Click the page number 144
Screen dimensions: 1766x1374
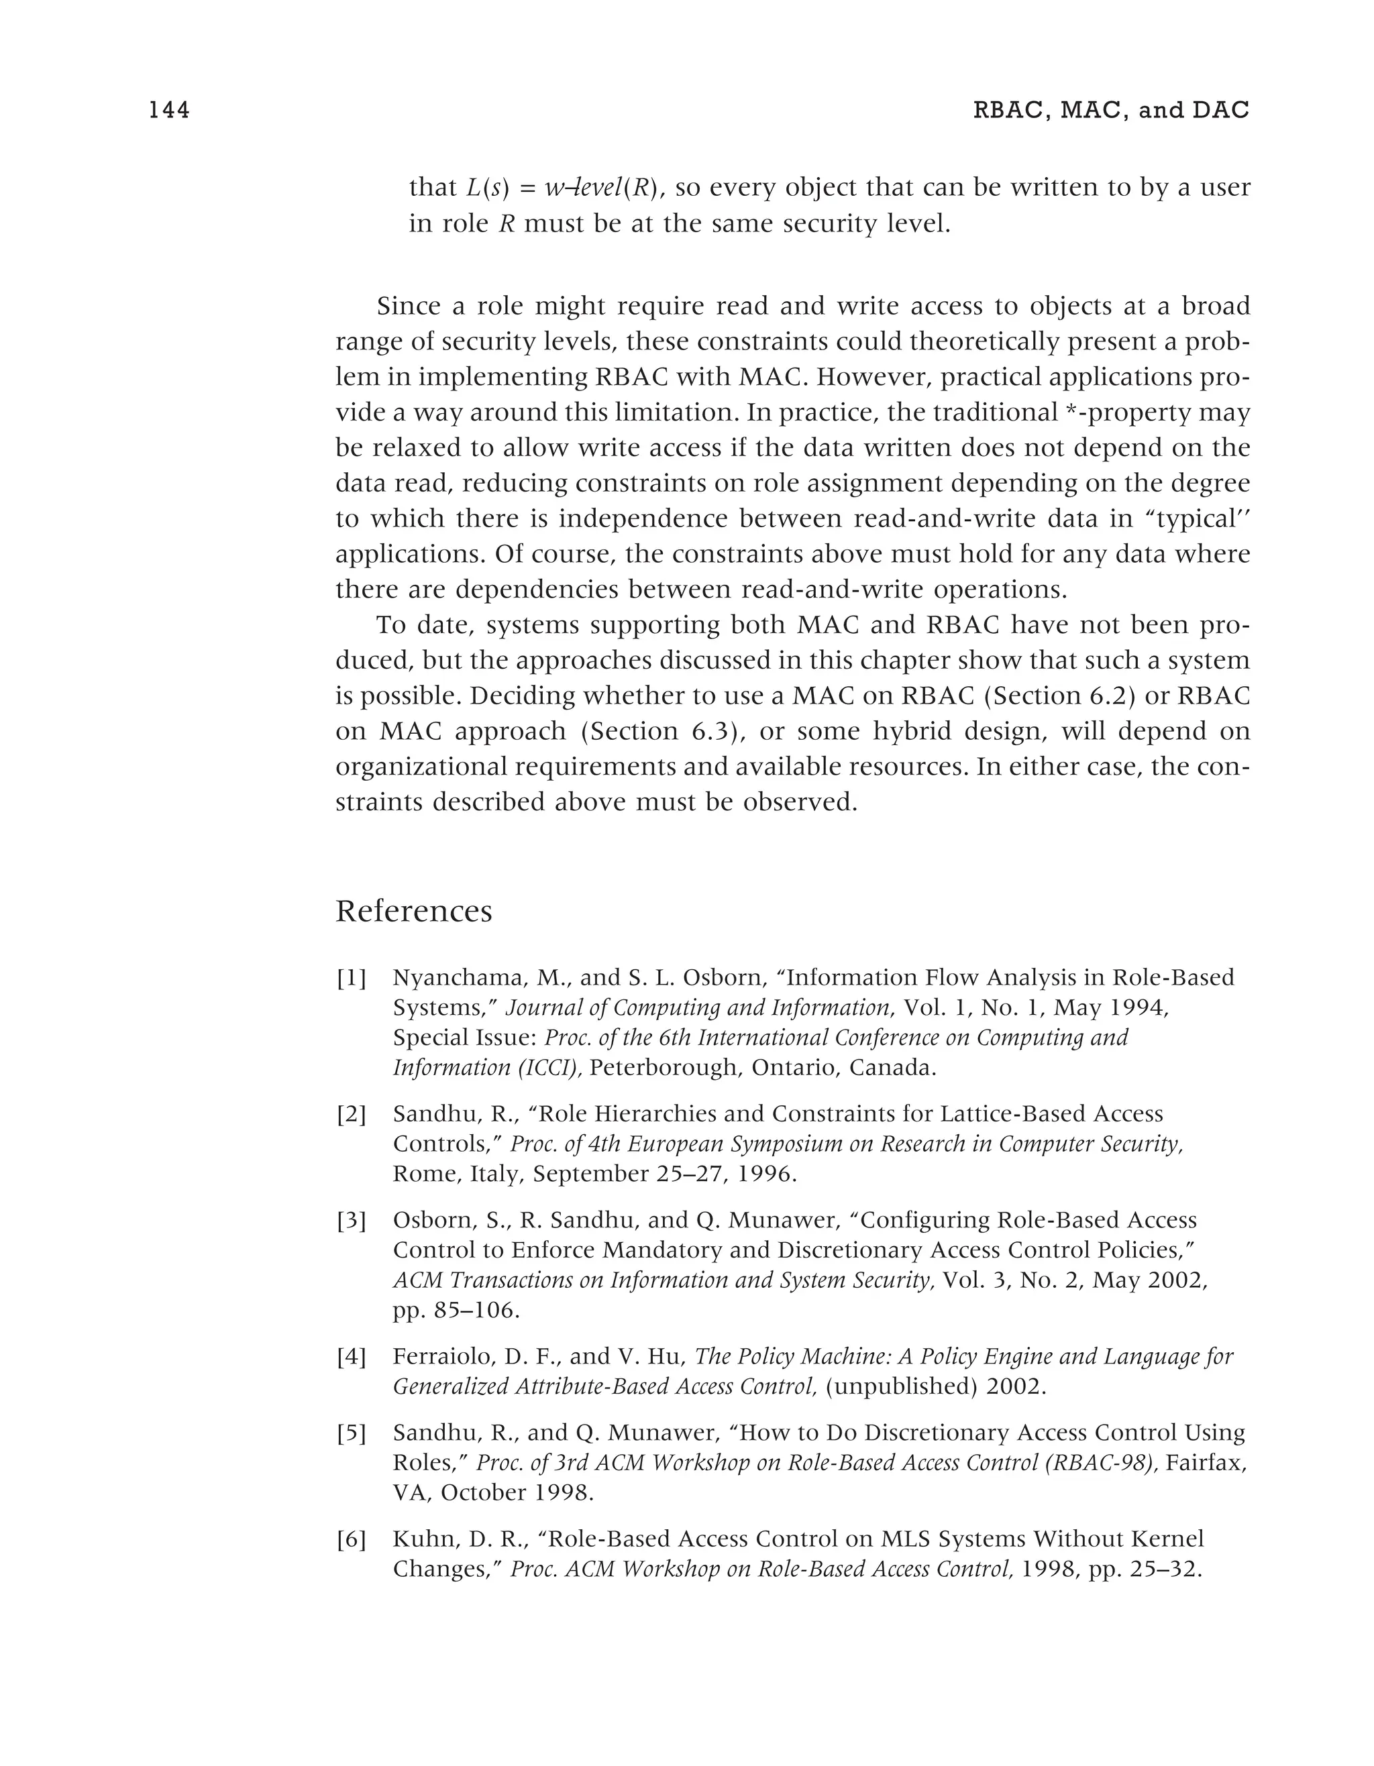(x=169, y=110)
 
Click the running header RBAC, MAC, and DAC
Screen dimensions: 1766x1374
(x=1110, y=110)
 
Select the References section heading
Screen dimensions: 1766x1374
(x=413, y=912)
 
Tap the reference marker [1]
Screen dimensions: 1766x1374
(x=351, y=979)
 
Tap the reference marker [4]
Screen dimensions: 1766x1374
(x=351, y=1357)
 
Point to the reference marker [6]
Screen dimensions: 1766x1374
(x=351, y=1539)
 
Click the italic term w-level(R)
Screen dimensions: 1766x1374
(x=602, y=188)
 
